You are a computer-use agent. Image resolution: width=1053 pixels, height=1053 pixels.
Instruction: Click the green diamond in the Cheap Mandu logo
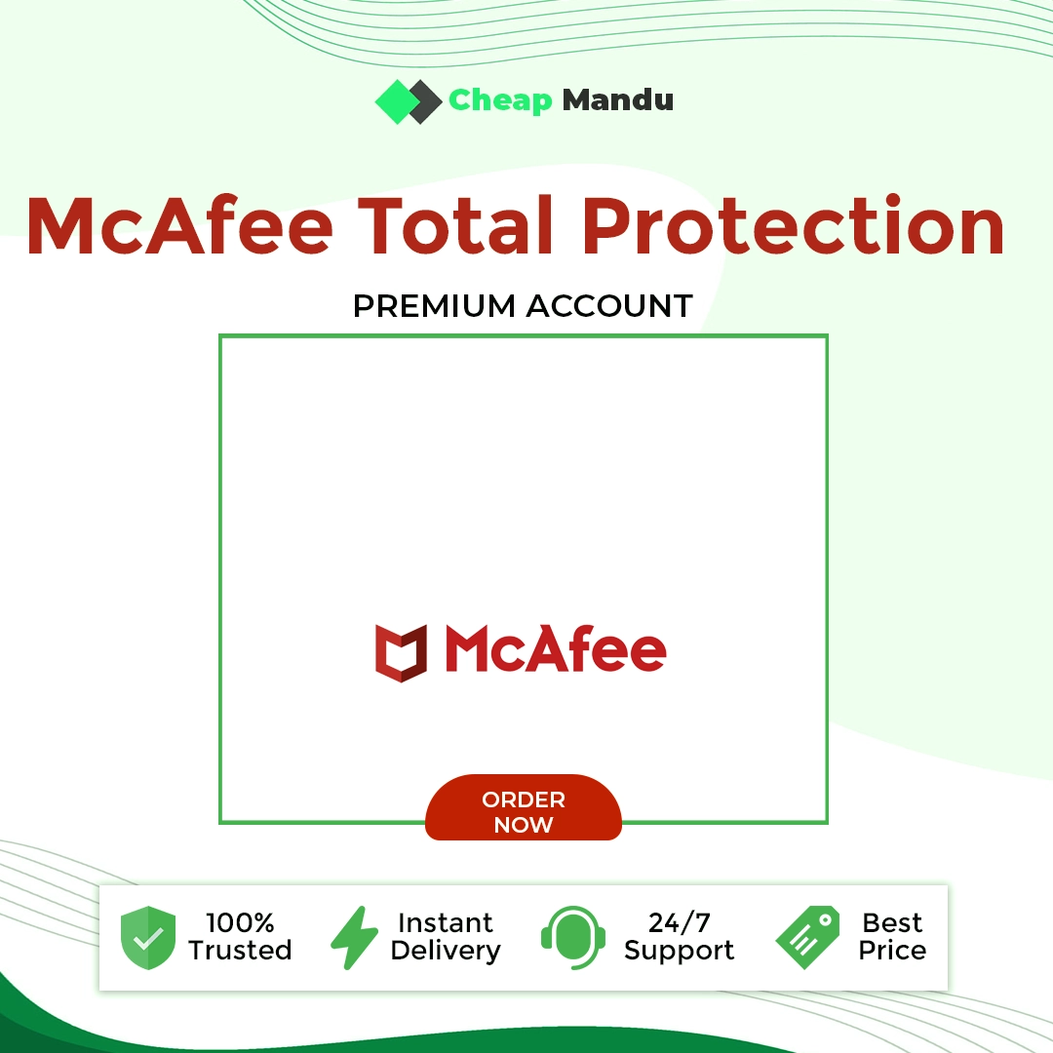pyautogui.click(x=397, y=102)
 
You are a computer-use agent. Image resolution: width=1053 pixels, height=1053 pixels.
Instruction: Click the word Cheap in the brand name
pyautogui.click(x=500, y=101)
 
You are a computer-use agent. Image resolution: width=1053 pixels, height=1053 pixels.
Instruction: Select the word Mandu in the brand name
pyautogui.click(x=618, y=99)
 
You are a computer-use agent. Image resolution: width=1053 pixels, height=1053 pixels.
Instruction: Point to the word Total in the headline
pyautogui.click(x=456, y=225)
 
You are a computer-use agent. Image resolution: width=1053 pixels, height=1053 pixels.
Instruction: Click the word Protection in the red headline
pyautogui.click(x=793, y=225)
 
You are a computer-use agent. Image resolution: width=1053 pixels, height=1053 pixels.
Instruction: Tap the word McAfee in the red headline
pyautogui.click(x=179, y=225)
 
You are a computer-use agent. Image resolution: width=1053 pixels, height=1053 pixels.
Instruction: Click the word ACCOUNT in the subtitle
pyautogui.click(x=609, y=306)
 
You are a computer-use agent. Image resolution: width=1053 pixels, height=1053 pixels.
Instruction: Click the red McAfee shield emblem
pyautogui.click(x=401, y=652)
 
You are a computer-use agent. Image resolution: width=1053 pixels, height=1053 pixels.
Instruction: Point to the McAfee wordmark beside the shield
pyautogui.click(x=556, y=648)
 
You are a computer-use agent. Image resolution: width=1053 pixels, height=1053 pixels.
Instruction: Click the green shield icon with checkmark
pyautogui.click(x=148, y=938)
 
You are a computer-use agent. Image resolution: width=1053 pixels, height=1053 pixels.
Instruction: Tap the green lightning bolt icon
pyautogui.click(x=355, y=938)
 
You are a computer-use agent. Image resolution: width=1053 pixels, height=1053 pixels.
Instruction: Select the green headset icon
pyautogui.click(x=573, y=938)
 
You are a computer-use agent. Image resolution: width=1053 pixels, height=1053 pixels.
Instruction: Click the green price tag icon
pyautogui.click(x=808, y=938)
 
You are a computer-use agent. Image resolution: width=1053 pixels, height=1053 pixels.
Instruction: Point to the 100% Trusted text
pyautogui.click(x=240, y=937)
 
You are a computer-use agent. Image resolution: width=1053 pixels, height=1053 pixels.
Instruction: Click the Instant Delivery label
pyautogui.click(x=446, y=938)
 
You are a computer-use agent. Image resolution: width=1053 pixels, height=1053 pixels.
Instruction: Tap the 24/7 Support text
pyautogui.click(x=679, y=938)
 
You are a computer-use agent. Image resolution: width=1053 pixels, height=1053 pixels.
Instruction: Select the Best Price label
pyautogui.click(x=892, y=937)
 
